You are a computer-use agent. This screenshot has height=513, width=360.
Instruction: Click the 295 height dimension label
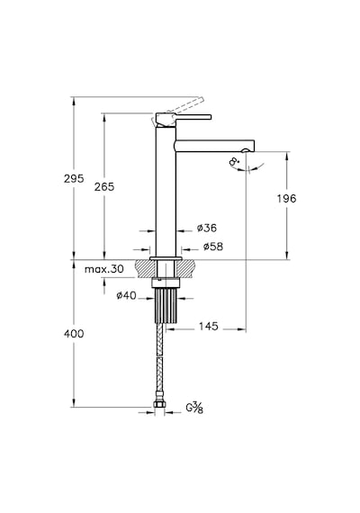point(74,178)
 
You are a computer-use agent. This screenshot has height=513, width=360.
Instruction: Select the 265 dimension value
point(104,187)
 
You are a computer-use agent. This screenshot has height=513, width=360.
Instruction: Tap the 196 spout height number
point(286,198)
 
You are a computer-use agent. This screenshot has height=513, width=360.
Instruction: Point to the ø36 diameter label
point(207,228)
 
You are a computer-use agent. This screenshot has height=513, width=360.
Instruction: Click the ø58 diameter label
point(213,247)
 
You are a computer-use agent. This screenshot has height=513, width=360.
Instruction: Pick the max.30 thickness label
point(104,269)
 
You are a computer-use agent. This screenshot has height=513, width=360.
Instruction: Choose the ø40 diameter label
point(126,295)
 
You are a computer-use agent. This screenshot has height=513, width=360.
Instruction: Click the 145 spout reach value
point(208,326)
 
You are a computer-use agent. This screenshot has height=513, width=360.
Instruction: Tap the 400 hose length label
point(74,334)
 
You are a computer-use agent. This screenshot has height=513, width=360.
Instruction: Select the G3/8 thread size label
point(194,408)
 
